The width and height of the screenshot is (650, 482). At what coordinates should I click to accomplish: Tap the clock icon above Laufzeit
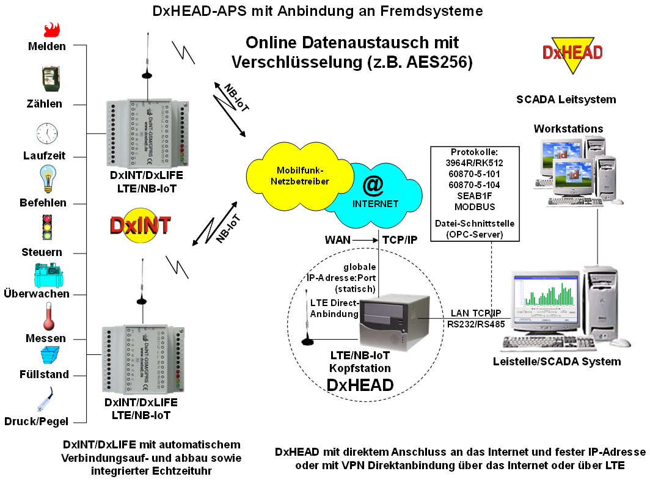pos(47,133)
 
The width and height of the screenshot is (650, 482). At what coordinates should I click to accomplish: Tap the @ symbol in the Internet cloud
pos(373,184)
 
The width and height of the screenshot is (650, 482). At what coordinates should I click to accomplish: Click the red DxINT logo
pos(140,225)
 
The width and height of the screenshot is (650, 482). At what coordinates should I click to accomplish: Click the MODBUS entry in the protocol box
pos(474,206)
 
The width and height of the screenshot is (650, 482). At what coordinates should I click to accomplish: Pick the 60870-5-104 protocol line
pos(474,184)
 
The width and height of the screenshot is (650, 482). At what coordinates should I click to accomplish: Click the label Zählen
pos(45,104)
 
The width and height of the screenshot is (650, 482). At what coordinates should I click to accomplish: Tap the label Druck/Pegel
pos(36,421)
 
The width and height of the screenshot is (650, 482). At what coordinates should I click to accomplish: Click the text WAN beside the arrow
pos(337,240)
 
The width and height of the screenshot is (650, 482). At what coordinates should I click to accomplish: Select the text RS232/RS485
pos(476,324)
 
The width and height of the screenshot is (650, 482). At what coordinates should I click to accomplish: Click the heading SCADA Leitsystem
pos(566,99)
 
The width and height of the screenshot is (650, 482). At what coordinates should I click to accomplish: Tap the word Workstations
pos(568,129)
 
